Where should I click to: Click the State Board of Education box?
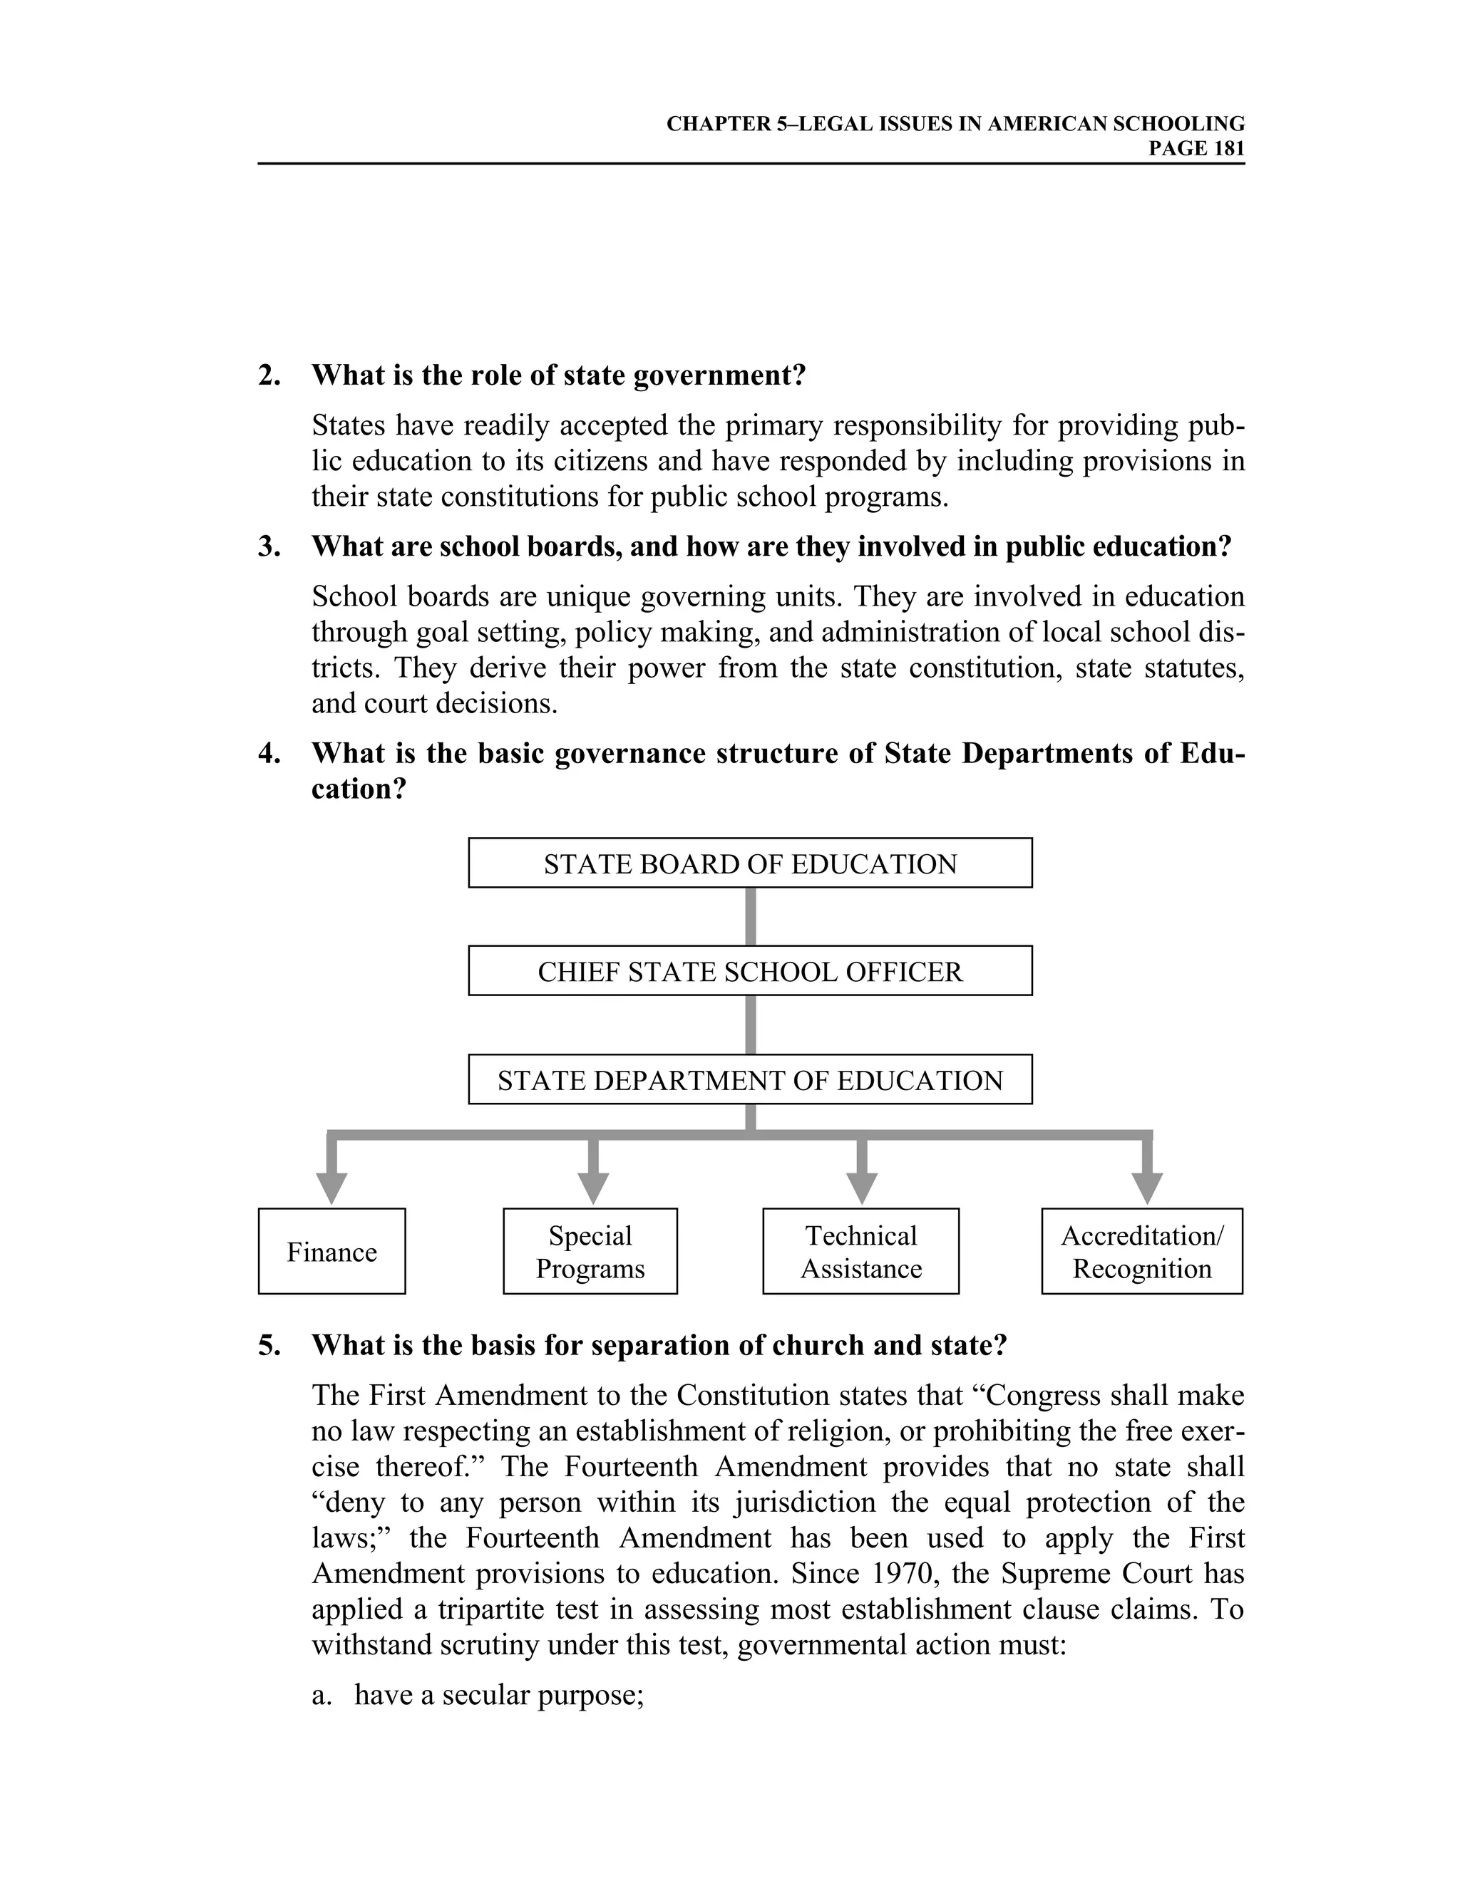750,863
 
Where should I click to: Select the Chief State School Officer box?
750,971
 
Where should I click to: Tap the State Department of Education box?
750,1079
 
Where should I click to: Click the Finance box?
331,1252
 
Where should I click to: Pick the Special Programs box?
590,1252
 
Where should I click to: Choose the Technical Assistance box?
860,1252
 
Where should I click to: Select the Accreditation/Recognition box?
1142,1252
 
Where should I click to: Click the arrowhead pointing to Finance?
331,1187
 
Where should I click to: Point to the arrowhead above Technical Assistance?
861,1187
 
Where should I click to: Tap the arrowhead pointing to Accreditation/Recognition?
1147,1187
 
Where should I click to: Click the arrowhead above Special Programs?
593,1187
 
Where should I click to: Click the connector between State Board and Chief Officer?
750,916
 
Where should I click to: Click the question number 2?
269,375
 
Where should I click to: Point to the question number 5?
269,1345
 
